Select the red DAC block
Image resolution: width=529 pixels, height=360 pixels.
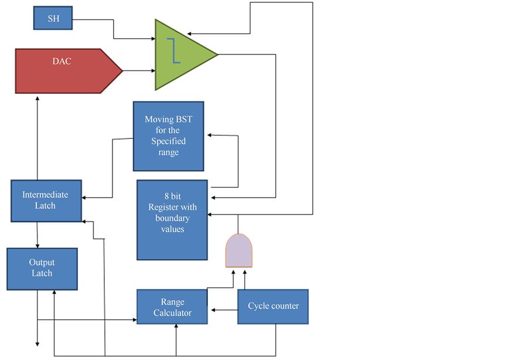click(64, 71)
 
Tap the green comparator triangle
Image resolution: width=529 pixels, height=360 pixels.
click(182, 55)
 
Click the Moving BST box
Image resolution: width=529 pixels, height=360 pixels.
click(168, 136)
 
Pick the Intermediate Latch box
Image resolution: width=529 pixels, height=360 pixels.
click(46, 201)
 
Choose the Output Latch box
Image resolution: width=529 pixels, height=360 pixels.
click(42, 269)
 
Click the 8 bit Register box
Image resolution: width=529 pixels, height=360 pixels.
click(172, 220)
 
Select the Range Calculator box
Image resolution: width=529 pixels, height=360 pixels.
click(172, 307)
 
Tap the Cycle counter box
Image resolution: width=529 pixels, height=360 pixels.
click(272, 307)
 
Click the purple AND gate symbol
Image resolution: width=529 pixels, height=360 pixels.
click(239, 250)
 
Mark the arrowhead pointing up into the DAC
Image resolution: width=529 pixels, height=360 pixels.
click(37, 98)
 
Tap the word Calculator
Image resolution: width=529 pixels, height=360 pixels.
click(172, 313)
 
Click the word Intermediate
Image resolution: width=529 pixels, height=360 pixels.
click(45, 195)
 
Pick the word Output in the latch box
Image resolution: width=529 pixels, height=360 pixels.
click(42, 263)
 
